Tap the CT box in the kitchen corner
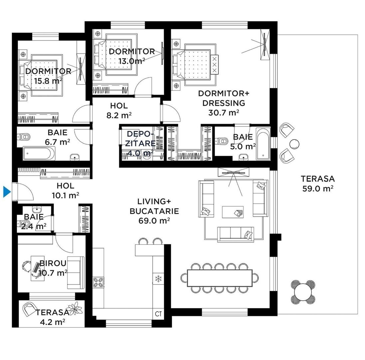(x=158, y=314)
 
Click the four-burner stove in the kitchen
(x=98, y=282)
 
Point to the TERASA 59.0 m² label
(x=318, y=183)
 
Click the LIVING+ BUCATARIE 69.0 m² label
(x=154, y=211)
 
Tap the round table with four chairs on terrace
(x=303, y=292)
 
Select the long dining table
(x=220, y=278)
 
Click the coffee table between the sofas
(x=233, y=212)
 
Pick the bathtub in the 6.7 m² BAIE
(x=39, y=153)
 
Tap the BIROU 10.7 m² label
(x=53, y=268)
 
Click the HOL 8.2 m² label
(x=119, y=110)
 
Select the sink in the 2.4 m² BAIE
(x=37, y=210)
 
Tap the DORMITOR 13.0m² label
(x=132, y=56)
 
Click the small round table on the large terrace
(x=294, y=144)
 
